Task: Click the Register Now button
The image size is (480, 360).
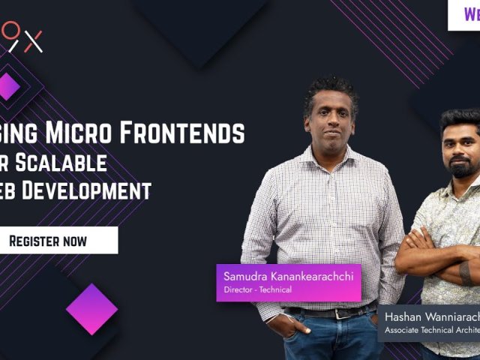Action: [48, 241]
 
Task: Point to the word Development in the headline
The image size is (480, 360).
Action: [94, 190]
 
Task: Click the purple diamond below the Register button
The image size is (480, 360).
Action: [91, 309]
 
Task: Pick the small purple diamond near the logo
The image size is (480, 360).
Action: [8, 86]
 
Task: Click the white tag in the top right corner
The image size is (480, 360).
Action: [464, 14]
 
